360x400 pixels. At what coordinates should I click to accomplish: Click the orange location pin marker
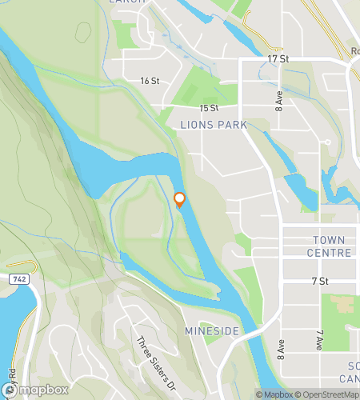coord(180,200)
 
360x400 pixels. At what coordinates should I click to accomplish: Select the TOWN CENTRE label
coord(329,246)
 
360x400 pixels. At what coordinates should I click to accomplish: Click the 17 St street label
coord(278,59)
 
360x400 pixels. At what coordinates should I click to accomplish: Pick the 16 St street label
coord(150,81)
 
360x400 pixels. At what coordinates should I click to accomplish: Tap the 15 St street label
coord(210,108)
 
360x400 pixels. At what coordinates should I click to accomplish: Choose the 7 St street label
coord(320,281)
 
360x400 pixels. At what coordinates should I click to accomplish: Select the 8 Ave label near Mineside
coord(281,350)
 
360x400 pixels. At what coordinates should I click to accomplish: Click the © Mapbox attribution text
coord(273,394)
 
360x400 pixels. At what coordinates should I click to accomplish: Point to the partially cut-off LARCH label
coord(127,2)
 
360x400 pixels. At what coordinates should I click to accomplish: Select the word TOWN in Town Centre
coord(329,239)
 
